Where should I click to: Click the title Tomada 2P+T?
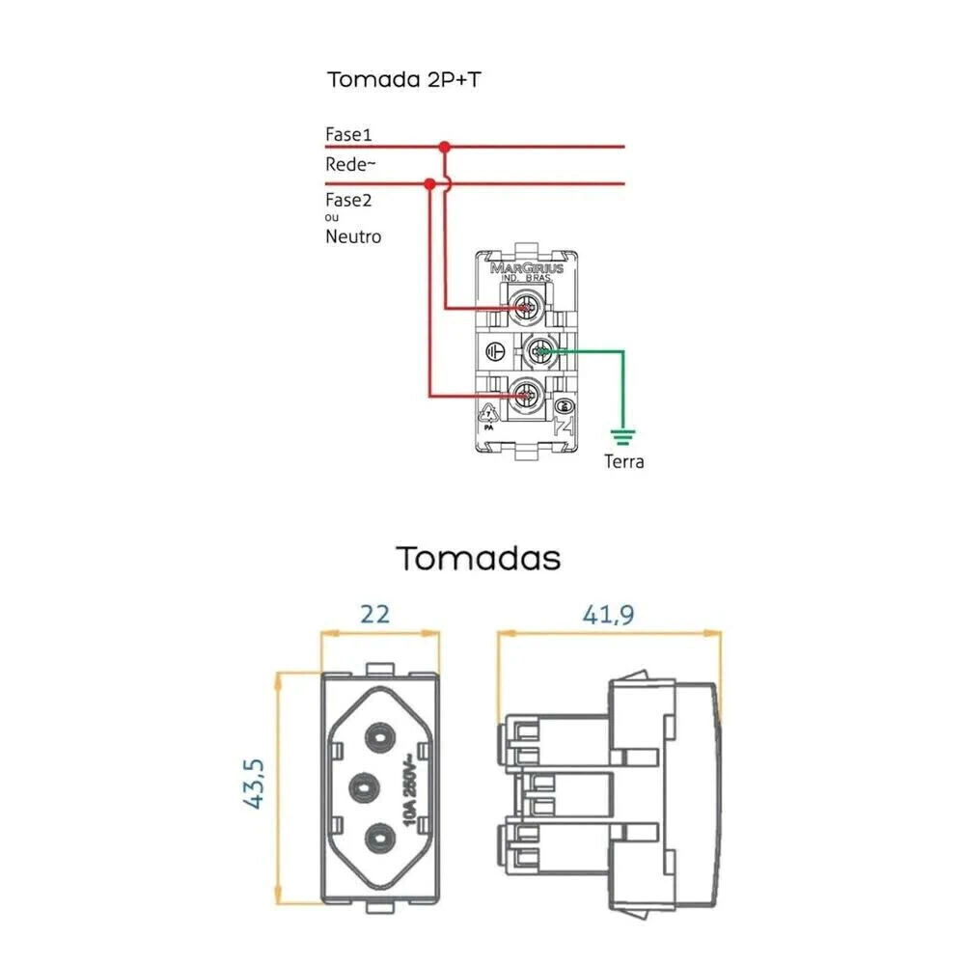(403, 79)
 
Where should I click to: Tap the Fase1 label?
(348, 133)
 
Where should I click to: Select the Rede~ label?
(349, 164)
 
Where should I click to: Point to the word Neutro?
(353, 236)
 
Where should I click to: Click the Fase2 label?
(348, 201)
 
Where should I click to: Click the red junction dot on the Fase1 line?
(444, 147)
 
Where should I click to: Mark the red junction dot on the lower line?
(429, 182)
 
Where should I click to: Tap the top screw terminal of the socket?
(526, 308)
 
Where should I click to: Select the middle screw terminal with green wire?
(539, 353)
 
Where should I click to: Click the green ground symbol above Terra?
(623, 435)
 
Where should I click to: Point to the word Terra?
(623, 461)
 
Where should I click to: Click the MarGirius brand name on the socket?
(527, 267)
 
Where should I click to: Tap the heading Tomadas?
(480, 558)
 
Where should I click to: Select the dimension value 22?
(375, 613)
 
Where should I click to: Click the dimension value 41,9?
(607, 613)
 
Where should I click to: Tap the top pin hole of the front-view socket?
(376, 739)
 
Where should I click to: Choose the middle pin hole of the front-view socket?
(363, 786)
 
